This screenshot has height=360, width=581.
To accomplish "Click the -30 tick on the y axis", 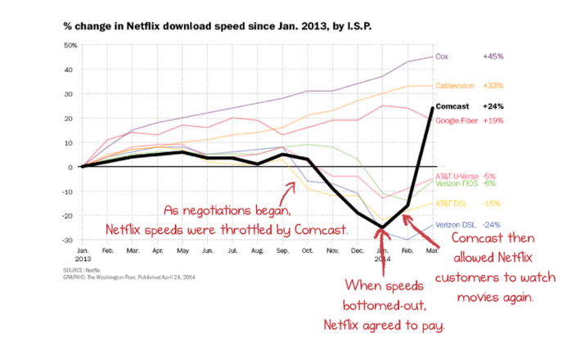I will click(70, 241).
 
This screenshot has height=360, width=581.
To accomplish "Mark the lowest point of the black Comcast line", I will click(382, 227).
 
